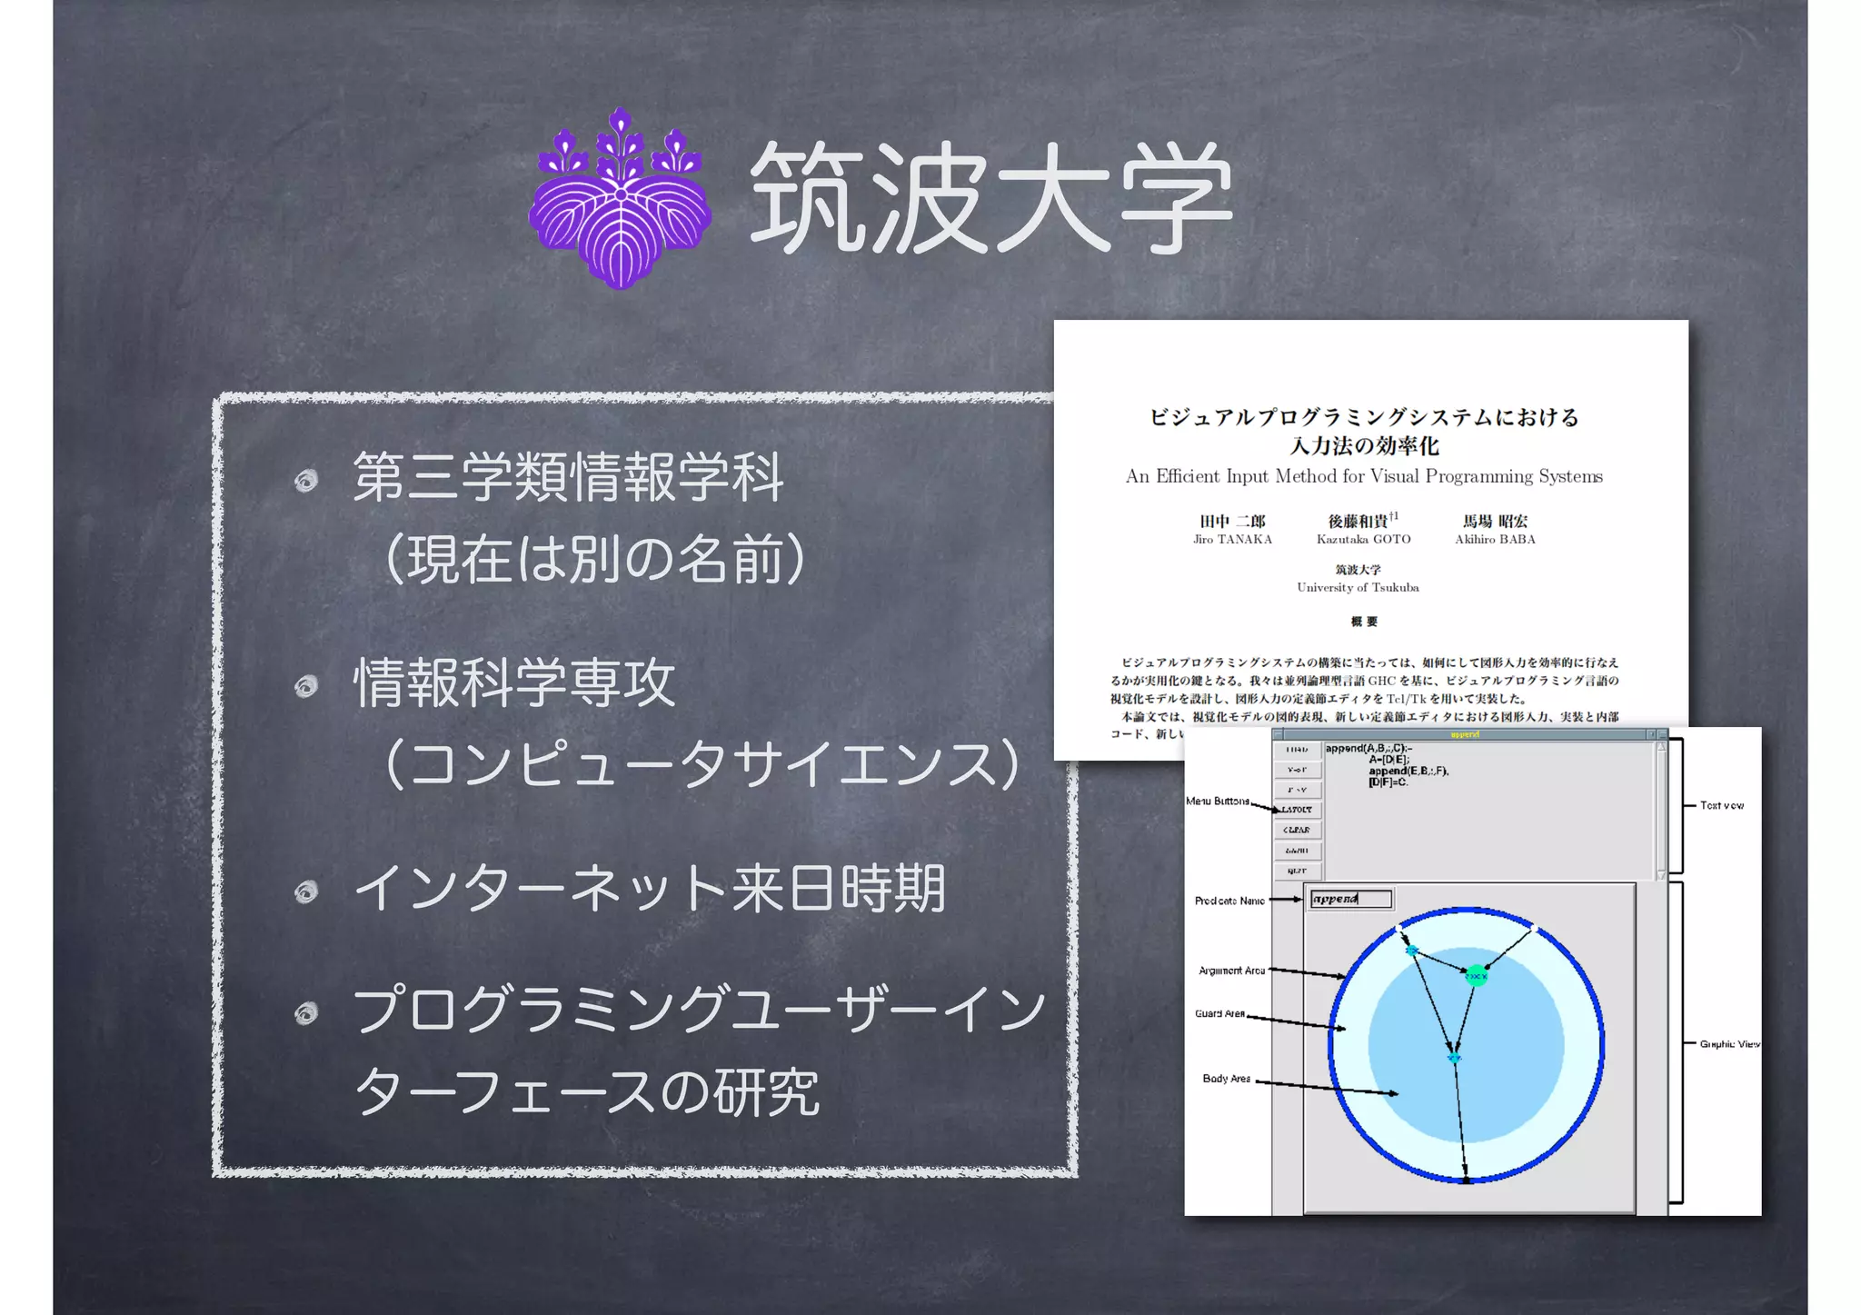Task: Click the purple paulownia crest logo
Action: [x=621, y=200]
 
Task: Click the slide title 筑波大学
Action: [x=990, y=198]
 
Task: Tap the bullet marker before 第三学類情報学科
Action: [x=306, y=480]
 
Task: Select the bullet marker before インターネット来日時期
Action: [x=306, y=892]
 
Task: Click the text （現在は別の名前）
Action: [x=595, y=559]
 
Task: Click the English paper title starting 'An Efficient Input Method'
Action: [x=1364, y=476]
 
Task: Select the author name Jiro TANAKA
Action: [x=1232, y=539]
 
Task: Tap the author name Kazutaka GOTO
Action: [x=1363, y=539]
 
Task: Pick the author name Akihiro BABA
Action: [x=1495, y=539]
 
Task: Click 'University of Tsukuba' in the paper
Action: [x=1358, y=587]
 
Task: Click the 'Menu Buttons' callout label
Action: [x=1218, y=801]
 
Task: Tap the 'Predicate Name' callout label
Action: [x=1229, y=901]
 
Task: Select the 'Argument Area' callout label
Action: [x=1231, y=971]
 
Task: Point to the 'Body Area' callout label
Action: [x=1226, y=1079]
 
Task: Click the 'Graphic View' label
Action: [x=1729, y=1044]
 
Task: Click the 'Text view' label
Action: [x=1722, y=805]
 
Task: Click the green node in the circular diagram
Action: [x=1477, y=976]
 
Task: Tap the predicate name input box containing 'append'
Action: [x=1350, y=900]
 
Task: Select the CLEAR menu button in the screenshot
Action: [x=1297, y=830]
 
